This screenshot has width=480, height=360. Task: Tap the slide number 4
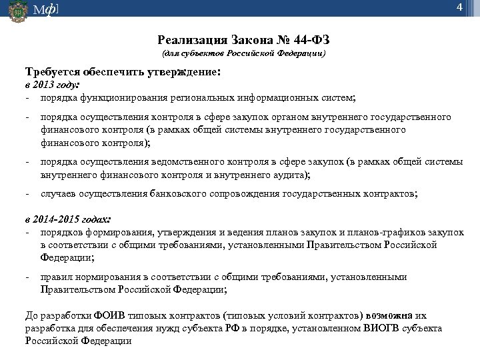pyautogui.click(x=459, y=8)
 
